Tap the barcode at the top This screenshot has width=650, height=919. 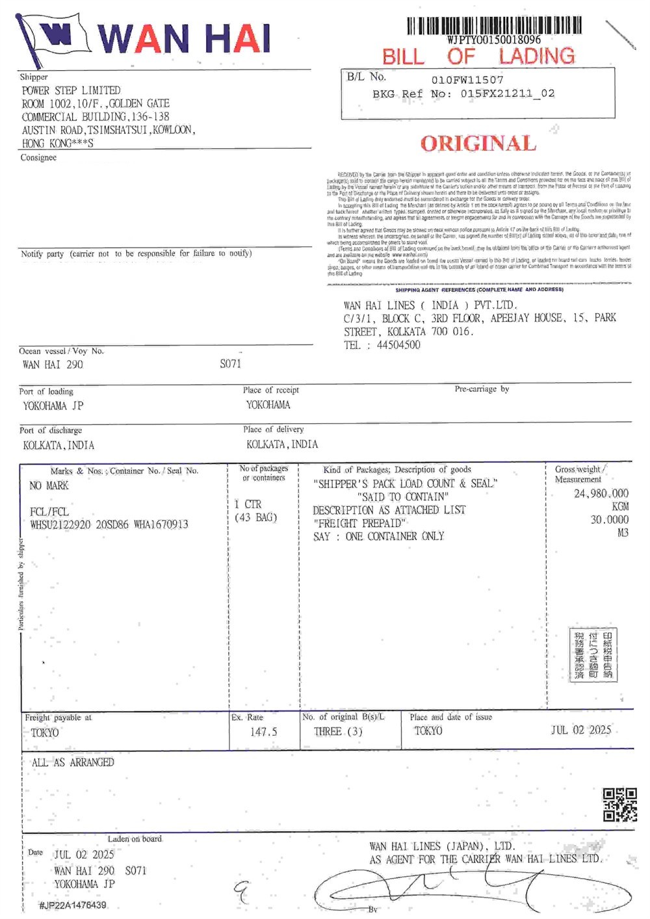[494, 26]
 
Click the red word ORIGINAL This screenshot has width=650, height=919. [478, 144]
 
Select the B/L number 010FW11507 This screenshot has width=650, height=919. [467, 80]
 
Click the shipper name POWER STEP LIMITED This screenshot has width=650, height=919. [71, 90]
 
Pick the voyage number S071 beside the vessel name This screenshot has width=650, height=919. [230, 364]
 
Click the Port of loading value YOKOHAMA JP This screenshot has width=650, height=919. [53, 406]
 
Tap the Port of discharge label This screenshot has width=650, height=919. [51, 430]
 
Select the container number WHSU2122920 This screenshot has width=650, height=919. [60, 524]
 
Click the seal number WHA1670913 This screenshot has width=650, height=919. [161, 524]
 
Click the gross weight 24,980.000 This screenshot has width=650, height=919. [601, 493]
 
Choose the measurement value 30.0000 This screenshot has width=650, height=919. [609, 520]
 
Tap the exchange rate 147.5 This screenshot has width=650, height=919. [263, 732]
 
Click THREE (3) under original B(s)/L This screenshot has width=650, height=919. [338, 732]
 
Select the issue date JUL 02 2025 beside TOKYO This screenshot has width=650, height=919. [581, 730]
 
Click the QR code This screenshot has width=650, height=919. [619, 805]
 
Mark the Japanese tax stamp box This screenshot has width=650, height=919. [593, 654]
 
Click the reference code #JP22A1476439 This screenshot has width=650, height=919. [72, 905]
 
